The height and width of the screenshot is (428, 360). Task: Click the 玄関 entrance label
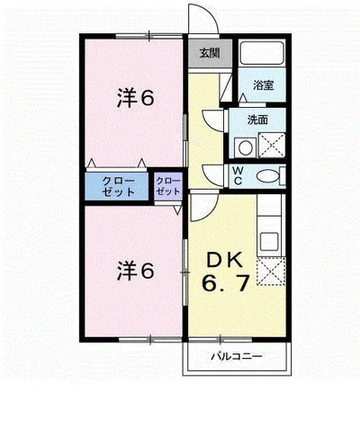point(205,53)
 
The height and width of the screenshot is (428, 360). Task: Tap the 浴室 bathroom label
point(263,85)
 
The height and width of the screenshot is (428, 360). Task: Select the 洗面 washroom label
point(259,120)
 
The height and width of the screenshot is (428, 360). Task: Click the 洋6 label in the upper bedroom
point(135,99)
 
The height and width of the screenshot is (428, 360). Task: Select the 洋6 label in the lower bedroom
point(135,268)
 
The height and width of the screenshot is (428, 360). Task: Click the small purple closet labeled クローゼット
point(167,185)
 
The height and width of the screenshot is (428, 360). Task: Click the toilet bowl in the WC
point(266,176)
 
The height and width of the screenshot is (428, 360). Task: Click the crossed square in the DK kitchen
point(270,270)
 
